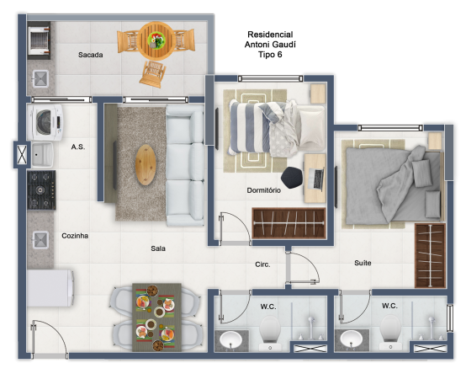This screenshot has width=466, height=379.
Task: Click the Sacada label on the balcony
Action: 90,55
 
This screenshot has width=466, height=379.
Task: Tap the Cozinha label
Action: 75,236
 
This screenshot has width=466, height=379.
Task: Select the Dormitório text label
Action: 264,190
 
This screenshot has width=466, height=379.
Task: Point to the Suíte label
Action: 363,263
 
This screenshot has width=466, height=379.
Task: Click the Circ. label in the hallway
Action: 262,264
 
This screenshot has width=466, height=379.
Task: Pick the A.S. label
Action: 78,147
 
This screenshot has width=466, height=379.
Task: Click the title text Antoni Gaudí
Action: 270,45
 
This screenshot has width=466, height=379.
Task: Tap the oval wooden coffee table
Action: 146,164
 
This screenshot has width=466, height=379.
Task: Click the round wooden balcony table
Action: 156,40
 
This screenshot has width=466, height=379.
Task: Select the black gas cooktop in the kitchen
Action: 41,189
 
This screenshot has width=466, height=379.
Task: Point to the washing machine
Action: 45,122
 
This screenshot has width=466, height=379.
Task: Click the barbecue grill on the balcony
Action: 39,40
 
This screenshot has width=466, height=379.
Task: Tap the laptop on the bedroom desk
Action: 316,179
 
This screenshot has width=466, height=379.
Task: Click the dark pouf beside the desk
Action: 292,178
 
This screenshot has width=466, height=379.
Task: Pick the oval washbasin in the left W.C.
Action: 230,339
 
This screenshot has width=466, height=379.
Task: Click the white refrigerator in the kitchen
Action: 50,288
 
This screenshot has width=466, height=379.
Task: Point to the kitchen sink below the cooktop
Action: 40,240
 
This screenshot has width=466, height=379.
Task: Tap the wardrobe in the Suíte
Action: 430,256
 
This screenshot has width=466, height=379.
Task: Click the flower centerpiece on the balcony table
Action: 156,40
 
